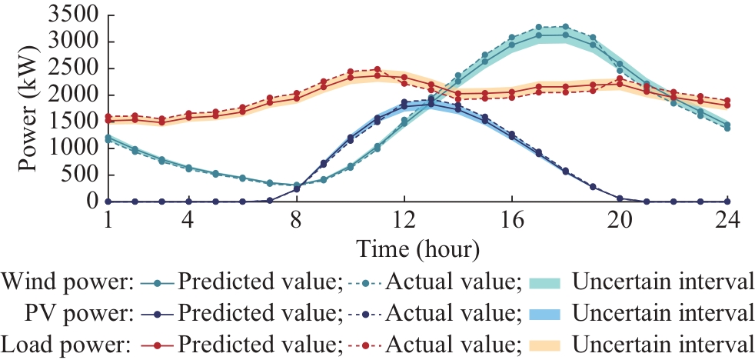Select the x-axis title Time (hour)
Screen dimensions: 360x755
pyautogui.click(x=417, y=249)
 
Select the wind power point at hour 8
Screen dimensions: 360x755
pyautogui.click(x=297, y=185)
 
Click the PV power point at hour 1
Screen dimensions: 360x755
pyautogui.click(x=108, y=202)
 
